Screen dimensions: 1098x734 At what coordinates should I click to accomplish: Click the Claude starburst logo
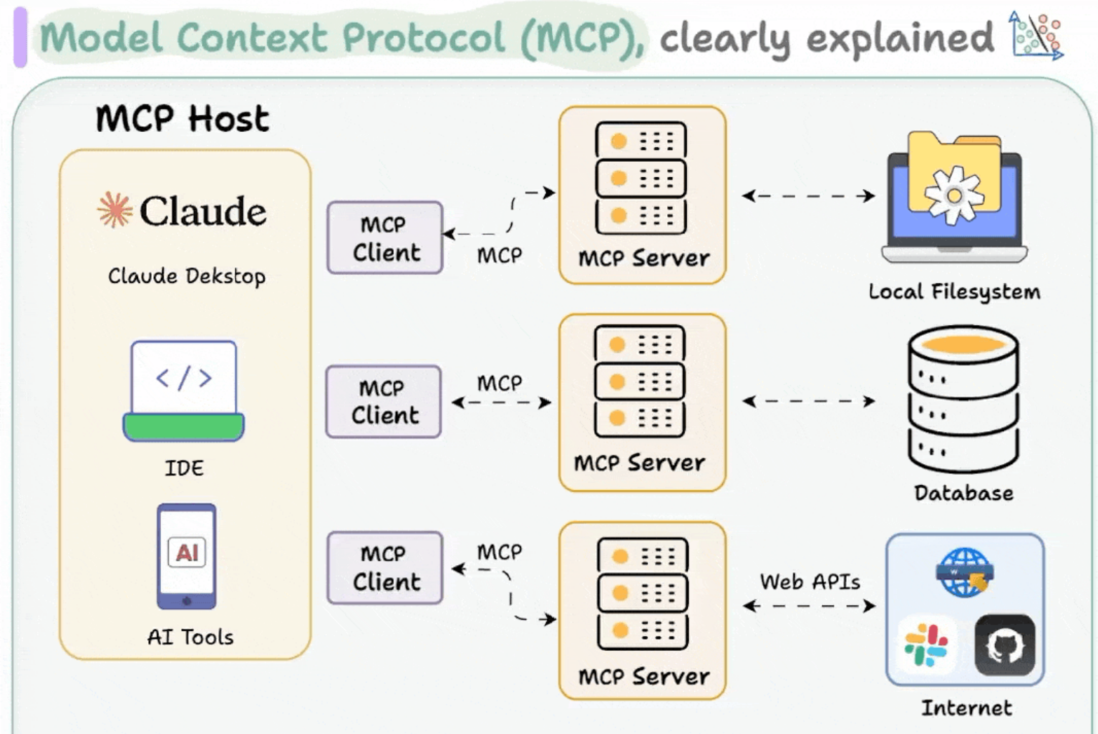coord(115,211)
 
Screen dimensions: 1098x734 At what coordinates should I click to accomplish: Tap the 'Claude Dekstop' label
coord(187,276)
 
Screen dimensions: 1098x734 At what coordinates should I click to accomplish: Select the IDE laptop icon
coord(184,391)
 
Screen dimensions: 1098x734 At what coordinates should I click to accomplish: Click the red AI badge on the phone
coord(187,553)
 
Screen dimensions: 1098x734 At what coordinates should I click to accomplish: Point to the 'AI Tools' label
coord(190,637)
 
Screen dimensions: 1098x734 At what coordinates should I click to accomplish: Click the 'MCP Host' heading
coord(183,119)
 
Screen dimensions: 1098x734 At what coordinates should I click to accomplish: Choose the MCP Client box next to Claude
coord(385,237)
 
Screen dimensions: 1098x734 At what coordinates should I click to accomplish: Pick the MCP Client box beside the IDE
coord(384,402)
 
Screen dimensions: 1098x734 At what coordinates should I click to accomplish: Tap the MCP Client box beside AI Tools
coord(385,568)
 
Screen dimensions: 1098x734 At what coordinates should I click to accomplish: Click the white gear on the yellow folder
coord(954,195)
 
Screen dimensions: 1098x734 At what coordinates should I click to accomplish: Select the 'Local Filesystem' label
coord(954,292)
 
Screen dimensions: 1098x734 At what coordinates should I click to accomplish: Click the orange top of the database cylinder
coord(963,344)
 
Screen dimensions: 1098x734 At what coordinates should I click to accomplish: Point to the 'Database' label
coord(963,493)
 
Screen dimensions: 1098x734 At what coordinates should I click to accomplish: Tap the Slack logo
coord(926,644)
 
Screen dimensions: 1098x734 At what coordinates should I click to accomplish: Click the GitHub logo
coord(1005,644)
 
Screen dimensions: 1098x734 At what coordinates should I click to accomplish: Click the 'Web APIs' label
coord(810,582)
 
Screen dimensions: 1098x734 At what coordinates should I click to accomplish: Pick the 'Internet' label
coord(966,708)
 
